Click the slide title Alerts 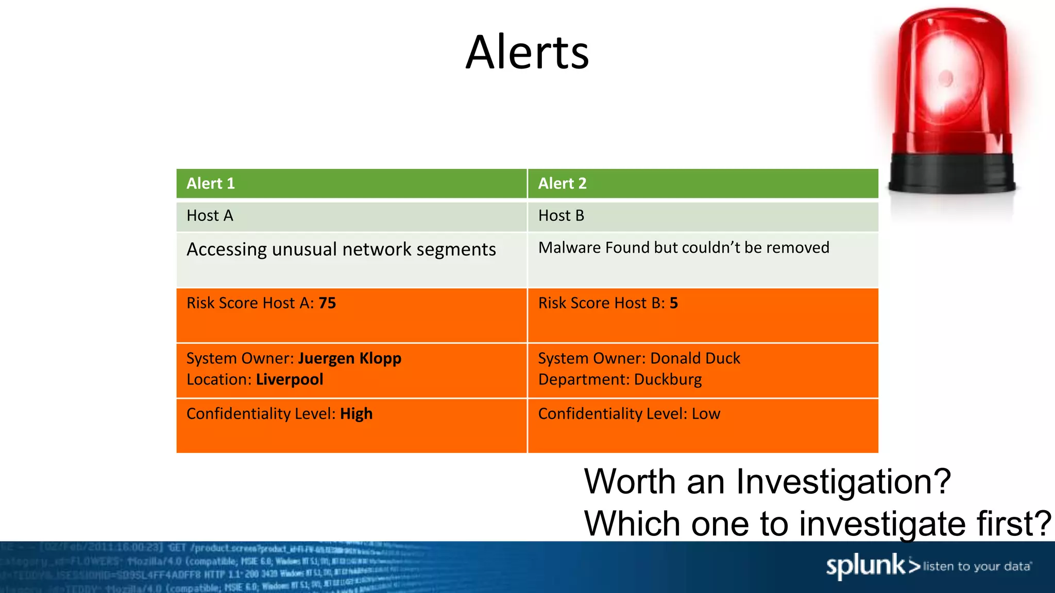tap(527, 53)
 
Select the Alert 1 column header tap(211, 184)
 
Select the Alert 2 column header tap(562, 184)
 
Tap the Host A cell tap(210, 216)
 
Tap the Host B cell tap(561, 216)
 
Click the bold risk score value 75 tap(327, 303)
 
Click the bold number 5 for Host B tap(673, 303)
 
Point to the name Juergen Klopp tap(349, 358)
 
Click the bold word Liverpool tap(290, 380)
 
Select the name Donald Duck tap(695, 358)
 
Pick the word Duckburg tap(668, 380)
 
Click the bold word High tap(356, 414)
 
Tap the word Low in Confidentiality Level tap(706, 414)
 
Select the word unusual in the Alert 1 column tap(304, 250)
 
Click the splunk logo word tap(865, 566)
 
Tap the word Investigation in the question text tap(843, 482)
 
